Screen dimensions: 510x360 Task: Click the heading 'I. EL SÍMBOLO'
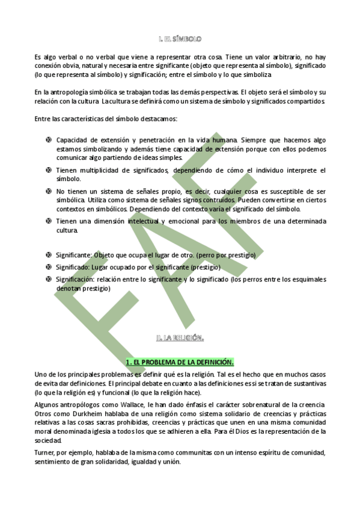coord(180,38)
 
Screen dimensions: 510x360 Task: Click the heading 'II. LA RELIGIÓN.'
coord(180,338)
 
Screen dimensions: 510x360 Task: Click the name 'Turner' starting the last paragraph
coord(44,452)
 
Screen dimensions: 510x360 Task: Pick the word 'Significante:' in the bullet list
coord(76,255)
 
